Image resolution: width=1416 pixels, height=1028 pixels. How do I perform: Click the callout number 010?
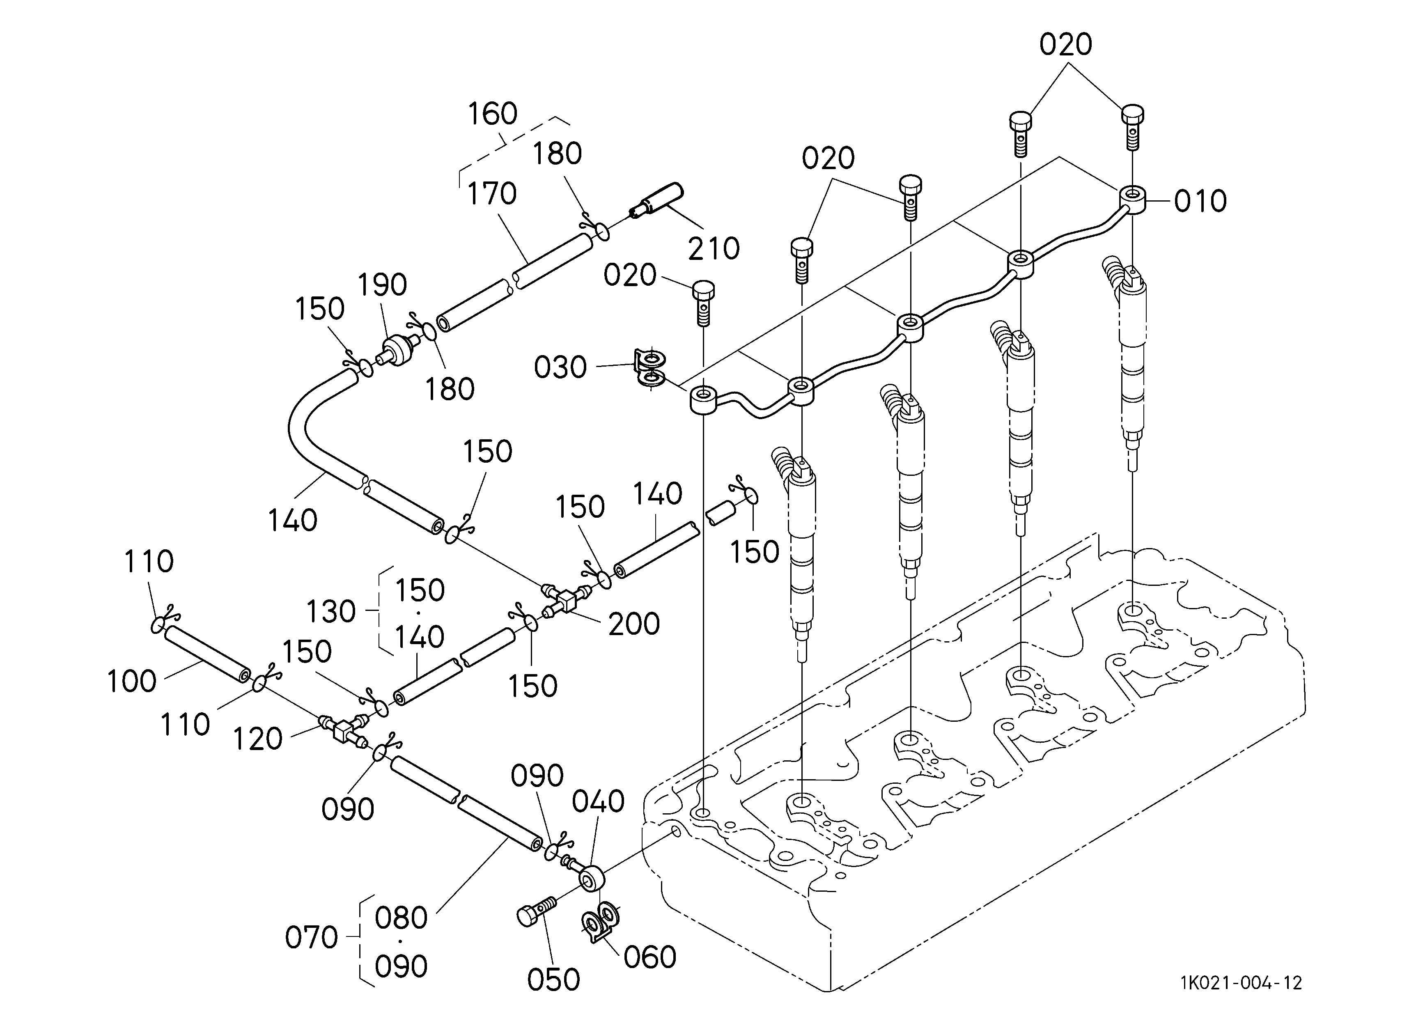(1200, 202)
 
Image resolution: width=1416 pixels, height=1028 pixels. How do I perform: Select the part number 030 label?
(560, 367)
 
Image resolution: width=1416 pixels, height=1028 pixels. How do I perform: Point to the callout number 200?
(634, 624)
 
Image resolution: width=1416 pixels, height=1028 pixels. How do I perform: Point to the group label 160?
(493, 114)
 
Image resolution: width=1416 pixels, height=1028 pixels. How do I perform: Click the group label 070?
(311, 938)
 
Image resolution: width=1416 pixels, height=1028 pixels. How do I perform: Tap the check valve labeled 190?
(399, 349)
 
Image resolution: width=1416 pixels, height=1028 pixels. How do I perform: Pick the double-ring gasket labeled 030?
(650, 368)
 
